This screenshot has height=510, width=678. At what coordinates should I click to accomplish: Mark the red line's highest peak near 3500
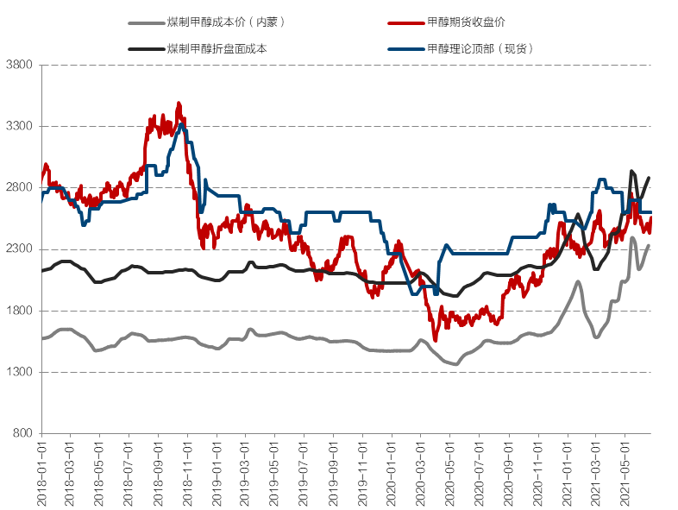pos(179,104)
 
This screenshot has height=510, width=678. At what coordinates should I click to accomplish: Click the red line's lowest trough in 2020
pos(436,340)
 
